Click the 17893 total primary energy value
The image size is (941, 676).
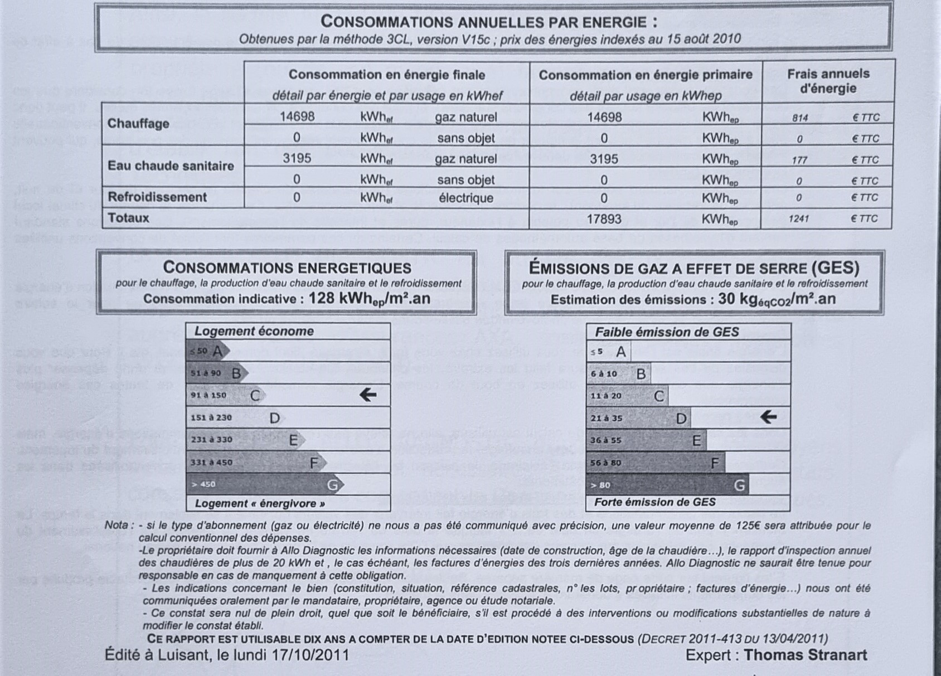pyautogui.click(x=604, y=218)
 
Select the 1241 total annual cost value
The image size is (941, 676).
pyautogui.click(x=798, y=218)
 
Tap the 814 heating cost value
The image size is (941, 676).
pyautogui.click(x=799, y=118)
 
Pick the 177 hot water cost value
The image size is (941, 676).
pyautogui.click(x=799, y=160)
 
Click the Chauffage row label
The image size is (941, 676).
pyautogui.click(x=138, y=123)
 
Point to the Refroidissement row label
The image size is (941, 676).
pyautogui.click(x=157, y=197)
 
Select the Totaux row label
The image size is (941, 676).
pyautogui.click(x=128, y=218)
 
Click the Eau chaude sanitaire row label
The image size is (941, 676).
pyautogui.click(x=171, y=166)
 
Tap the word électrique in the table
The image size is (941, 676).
pyautogui.click(x=466, y=198)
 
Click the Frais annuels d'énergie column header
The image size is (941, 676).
pyautogui.click(x=828, y=81)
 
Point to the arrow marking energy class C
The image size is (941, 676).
pyautogui.click(x=367, y=395)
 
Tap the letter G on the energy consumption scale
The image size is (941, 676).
pyautogui.click(x=332, y=485)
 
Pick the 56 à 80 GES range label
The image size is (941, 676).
pyautogui.click(x=605, y=463)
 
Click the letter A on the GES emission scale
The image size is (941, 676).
pyautogui.click(x=620, y=352)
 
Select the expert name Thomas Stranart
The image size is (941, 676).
pyautogui.click(x=805, y=655)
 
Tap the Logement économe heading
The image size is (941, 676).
pyautogui.click(x=254, y=331)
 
